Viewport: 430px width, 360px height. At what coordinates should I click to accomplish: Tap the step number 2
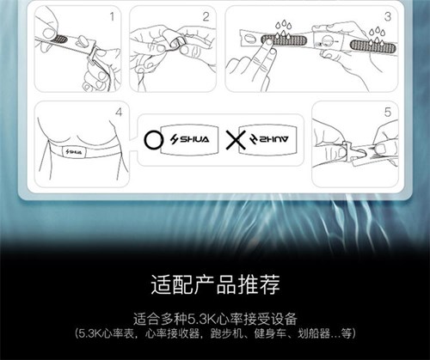coord(206,16)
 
